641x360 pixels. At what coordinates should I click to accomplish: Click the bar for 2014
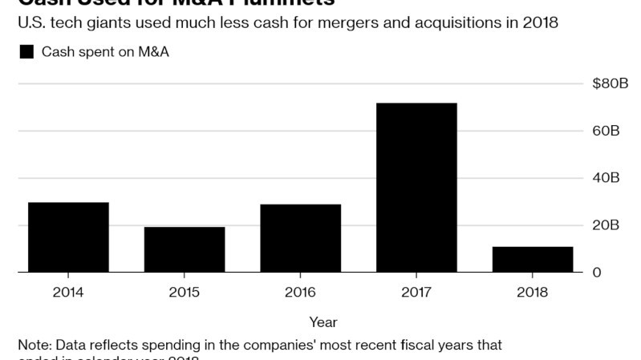(x=68, y=237)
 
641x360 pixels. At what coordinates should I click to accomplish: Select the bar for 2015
(x=185, y=249)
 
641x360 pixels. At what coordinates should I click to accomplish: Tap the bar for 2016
(x=301, y=238)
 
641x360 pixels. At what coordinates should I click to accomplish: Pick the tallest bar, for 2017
(x=417, y=188)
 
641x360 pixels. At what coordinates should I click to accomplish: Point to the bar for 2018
(x=533, y=260)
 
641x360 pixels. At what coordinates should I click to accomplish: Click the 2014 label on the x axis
(x=68, y=292)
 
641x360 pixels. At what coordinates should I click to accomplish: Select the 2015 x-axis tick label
(x=185, y=292)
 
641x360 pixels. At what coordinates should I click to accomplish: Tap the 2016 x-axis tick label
(x=301, y=292)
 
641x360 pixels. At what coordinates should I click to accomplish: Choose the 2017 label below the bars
(x=417, y=292)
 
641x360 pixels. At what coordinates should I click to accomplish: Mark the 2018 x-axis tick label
(x=533, y=292)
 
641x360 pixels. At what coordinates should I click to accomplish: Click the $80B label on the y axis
(x=610, y=83)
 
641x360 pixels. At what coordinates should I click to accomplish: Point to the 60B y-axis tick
(x=606, y=131)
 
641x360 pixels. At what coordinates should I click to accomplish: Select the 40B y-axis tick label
(x=606, y=178)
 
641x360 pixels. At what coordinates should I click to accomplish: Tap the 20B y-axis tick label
(x=606, y=225)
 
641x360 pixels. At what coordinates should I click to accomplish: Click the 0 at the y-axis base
(x=596, y=273)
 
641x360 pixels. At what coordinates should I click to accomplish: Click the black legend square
(x=26, y=52)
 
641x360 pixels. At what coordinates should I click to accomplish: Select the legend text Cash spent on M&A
(x=105, y=52)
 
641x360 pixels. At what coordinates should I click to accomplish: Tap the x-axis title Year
(x=323, y=322)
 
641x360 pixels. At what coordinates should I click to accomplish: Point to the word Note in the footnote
(x=34, y=345)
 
